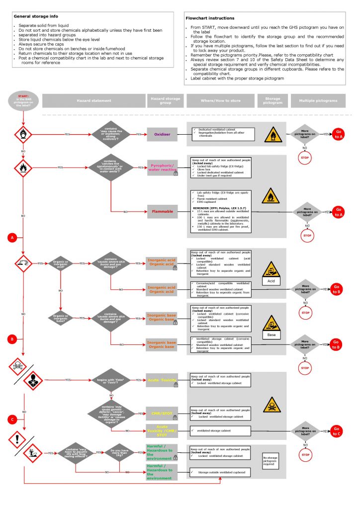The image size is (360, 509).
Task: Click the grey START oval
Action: [x=23, y=100]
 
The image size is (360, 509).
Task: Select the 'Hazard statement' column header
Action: [x=94, y=100]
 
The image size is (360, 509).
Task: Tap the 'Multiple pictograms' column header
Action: [x=318, y=100]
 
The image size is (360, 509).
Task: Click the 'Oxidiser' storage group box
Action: [x=162, y=134]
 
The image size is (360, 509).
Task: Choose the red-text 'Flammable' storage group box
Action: [x=162, y=211]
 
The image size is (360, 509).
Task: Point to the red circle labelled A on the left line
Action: [x=12, y=239]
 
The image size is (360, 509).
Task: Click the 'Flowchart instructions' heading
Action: [x=207, y=17]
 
